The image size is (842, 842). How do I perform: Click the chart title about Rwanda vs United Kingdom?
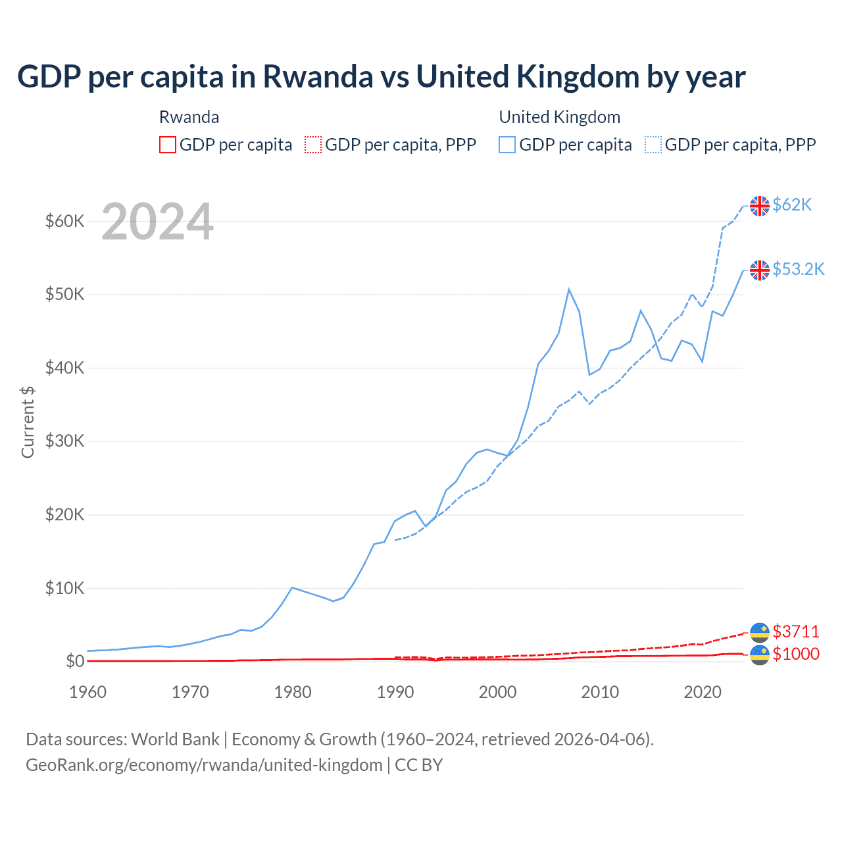381,77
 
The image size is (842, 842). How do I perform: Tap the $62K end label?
792,205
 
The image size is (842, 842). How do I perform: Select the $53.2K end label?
798,269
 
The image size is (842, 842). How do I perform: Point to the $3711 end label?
796,631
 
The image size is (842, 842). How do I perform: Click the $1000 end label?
796,654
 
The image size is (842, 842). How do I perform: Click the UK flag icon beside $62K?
760,206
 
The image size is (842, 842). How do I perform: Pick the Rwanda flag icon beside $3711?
760,632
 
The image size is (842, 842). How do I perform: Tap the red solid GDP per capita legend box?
168,145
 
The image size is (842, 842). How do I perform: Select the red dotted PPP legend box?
313,145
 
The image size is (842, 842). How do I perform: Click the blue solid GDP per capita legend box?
507,145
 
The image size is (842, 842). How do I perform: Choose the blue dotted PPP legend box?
653,145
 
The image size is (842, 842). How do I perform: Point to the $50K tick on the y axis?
64,294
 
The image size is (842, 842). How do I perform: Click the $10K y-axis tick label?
64,588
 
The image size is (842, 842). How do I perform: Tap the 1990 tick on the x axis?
395,692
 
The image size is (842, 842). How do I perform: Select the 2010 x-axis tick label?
600,692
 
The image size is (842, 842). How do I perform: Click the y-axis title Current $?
28,422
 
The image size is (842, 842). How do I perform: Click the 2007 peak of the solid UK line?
569,289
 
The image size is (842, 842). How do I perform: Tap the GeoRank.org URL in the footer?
204,765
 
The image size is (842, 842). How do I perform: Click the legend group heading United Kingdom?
559,117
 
